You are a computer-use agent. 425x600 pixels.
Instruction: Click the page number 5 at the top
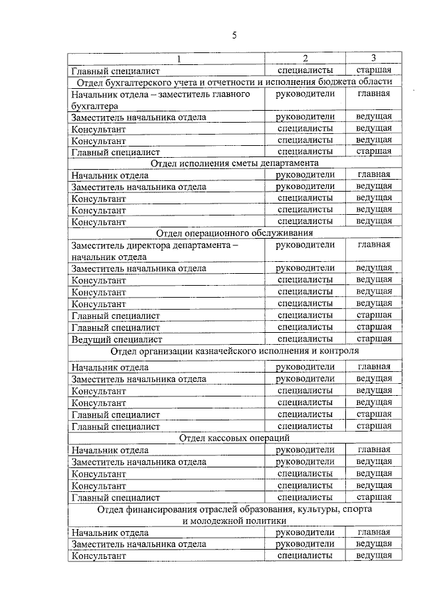234,35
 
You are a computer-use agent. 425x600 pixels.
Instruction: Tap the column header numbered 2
305,59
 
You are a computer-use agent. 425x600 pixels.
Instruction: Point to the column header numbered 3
373,58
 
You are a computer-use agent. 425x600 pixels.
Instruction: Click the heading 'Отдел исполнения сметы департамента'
234,163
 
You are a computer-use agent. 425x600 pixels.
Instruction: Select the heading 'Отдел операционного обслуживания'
234,233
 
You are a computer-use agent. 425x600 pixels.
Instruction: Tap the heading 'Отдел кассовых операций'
234,438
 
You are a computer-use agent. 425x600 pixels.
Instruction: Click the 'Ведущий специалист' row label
117,339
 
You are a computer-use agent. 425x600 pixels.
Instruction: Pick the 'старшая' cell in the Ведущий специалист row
373,339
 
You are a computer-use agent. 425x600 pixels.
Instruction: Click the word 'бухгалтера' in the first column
95,105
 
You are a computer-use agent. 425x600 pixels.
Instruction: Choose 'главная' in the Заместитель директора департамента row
373,245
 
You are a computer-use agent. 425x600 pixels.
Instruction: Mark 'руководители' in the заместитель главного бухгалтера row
305,94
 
